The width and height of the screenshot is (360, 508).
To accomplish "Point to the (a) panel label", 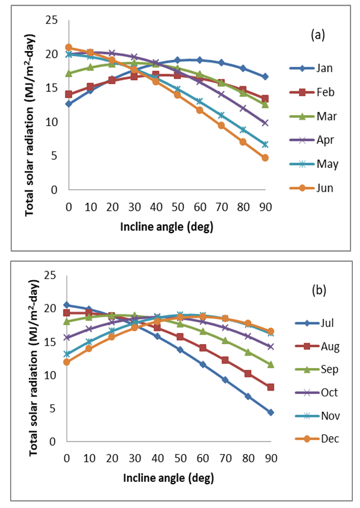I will [318, 34].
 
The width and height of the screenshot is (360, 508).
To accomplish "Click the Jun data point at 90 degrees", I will [265, 158].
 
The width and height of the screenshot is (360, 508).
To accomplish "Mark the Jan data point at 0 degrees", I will [69, 104].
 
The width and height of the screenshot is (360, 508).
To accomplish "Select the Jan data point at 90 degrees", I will [265, 77].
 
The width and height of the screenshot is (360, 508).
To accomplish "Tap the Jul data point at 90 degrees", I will [270, 412].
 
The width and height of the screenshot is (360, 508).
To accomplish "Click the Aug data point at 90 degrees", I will [270, 387].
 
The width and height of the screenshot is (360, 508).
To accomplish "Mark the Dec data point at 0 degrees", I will [66, 362].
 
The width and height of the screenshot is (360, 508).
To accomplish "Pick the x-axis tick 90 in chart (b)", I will [270, 459].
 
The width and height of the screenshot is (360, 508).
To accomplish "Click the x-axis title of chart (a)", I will [167, 226].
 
